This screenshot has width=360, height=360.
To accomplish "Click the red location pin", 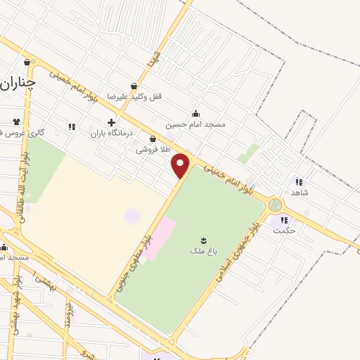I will pos(181,165).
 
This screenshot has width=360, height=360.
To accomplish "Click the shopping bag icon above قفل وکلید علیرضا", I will pos(134,86).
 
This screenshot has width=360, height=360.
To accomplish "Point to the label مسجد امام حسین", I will pos(195,124).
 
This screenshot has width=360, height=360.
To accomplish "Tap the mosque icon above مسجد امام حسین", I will pos(195,114).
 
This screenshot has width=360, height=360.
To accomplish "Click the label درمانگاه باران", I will pos(111,131).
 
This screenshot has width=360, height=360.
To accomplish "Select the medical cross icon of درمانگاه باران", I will pos(111,122).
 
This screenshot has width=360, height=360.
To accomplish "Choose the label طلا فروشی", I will pos(153,149).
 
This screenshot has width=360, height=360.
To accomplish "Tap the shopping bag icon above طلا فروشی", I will pos(153,139).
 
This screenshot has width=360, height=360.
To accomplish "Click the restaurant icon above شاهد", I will pos(300,181).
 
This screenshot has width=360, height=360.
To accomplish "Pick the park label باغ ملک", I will pos(204,250).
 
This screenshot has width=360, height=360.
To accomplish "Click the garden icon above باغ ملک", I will pos(204,240).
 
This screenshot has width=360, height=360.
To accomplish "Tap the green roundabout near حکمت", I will pos(274,205).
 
